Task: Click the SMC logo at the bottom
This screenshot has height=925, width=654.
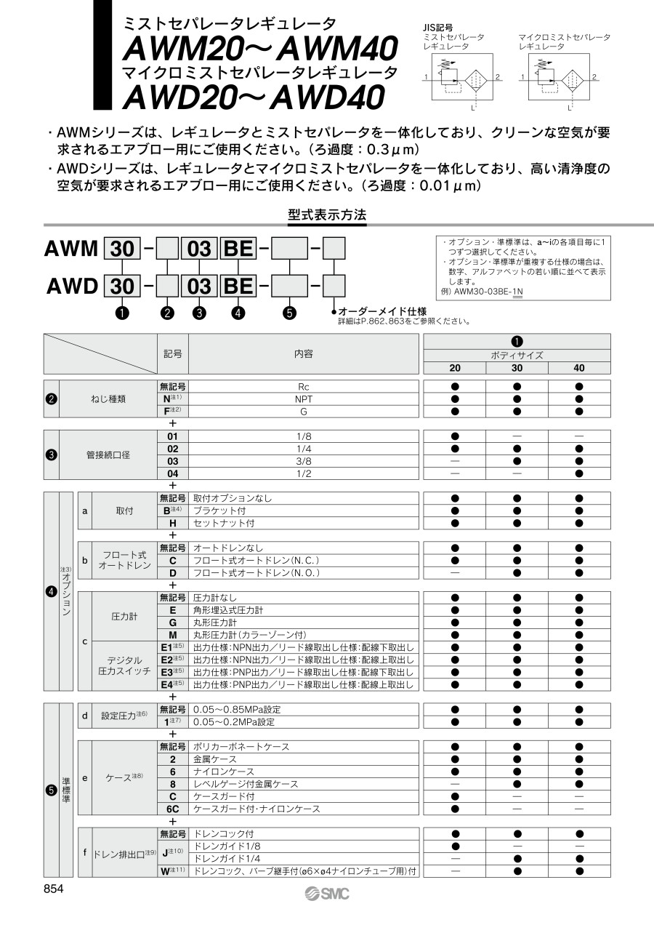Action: (x=327, y=893)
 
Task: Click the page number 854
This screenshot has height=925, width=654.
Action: (x=54, y=889)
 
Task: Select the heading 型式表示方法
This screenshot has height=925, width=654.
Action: (x=327, y=215)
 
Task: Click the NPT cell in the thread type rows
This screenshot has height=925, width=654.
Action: (x=304, y=399)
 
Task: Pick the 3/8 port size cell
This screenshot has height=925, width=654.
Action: (x=304, y=461)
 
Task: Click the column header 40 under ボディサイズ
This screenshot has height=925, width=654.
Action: (x=579, y=368)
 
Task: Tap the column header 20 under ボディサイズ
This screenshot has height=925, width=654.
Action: (x=454, y=368)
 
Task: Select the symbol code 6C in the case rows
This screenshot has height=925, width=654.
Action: (x=173, y=809)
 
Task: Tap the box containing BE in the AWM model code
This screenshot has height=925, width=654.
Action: (x=238, y=249)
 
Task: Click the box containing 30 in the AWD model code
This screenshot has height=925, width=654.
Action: (x=122, y=285)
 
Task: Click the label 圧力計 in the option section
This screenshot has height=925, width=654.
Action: (x=124, y=616)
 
